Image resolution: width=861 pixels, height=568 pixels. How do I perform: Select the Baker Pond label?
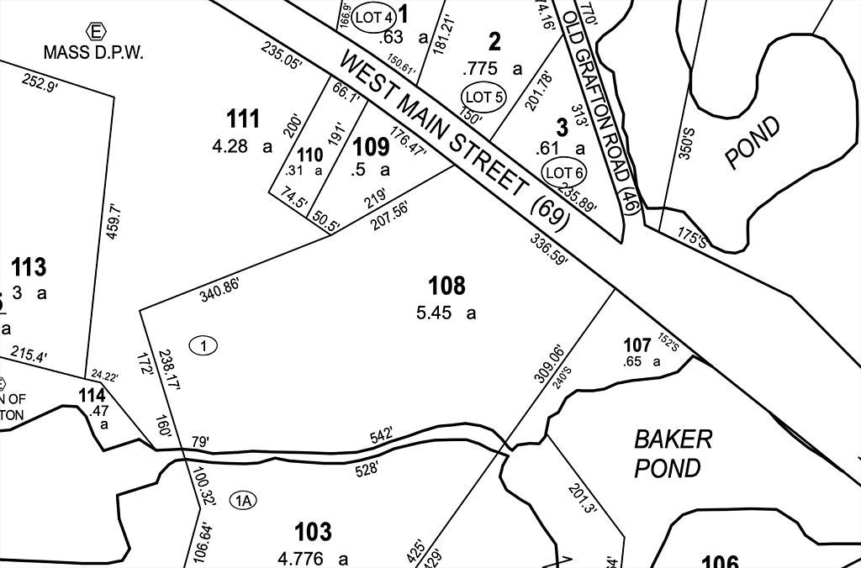673,453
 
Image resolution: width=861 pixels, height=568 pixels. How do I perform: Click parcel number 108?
446,287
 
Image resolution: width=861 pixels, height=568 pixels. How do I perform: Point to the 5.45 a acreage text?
446,313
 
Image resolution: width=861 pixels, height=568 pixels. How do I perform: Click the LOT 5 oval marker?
483,97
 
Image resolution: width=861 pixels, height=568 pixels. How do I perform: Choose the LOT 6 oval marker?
564,173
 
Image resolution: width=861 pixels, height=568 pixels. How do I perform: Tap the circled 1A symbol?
244,501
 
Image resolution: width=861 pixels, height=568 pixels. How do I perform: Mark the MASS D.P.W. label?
94,52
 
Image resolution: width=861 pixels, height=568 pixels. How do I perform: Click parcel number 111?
243,119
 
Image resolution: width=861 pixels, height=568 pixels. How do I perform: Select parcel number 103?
313,532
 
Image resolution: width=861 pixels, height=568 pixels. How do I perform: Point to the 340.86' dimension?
219,290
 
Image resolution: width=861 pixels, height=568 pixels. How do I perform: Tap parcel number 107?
637,345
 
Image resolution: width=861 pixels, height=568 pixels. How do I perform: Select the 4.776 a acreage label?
313,558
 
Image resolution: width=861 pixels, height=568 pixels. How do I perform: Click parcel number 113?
29,268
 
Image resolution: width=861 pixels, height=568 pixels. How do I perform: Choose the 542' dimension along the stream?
382,437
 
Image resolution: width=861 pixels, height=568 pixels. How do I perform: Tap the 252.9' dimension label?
40,85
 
